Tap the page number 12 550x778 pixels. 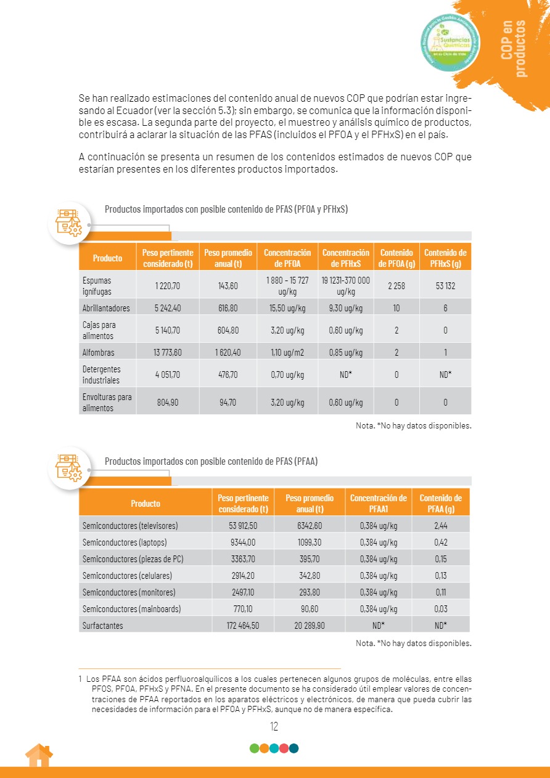274,726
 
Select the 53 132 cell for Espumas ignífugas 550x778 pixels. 445,286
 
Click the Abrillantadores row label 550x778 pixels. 106,308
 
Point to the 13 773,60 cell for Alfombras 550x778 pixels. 168,353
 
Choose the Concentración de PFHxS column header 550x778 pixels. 346,258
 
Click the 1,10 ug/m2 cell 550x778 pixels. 287,353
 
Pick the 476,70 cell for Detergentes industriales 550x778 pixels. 228,374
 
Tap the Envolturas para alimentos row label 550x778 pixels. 107,402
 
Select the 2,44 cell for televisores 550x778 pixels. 440,526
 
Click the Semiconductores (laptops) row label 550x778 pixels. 125,543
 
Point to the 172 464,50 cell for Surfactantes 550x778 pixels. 242,625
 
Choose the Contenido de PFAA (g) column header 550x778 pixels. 440,503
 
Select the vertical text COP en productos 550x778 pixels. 515,48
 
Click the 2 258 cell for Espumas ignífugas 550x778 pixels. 396,286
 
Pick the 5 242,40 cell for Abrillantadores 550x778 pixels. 168,308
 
